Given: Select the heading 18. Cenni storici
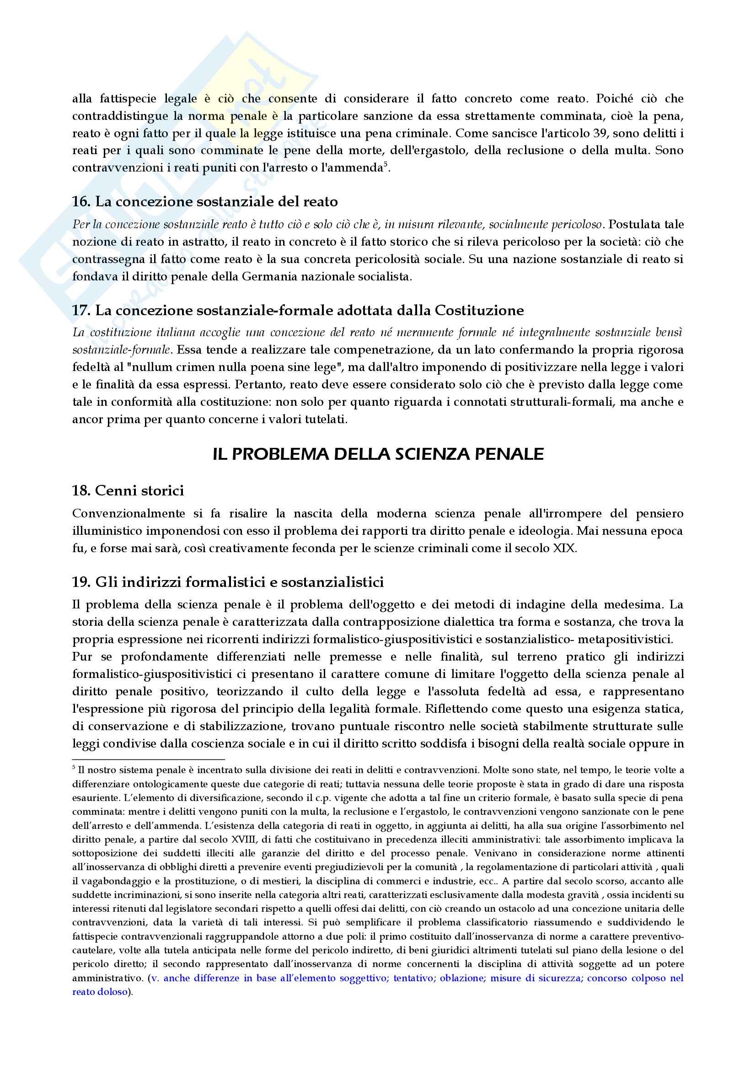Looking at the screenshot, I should pos(128,490).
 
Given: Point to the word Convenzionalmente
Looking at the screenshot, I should pos(129,514).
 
